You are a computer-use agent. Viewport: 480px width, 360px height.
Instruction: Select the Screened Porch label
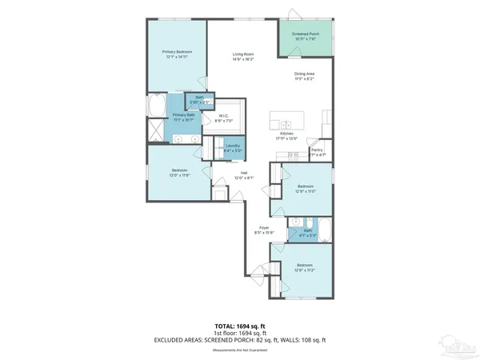306,36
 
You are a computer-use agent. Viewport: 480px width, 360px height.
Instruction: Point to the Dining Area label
303,77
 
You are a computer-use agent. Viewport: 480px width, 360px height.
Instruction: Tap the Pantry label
318,151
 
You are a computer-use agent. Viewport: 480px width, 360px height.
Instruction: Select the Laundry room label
233,147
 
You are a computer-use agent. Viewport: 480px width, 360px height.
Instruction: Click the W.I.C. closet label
225,118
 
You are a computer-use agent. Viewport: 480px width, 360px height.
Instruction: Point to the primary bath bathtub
156,106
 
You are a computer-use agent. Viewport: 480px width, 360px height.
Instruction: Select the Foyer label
262,230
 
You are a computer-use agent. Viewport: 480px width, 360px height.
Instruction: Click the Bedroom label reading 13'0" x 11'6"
179,173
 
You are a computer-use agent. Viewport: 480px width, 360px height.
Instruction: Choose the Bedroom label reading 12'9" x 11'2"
305,266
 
